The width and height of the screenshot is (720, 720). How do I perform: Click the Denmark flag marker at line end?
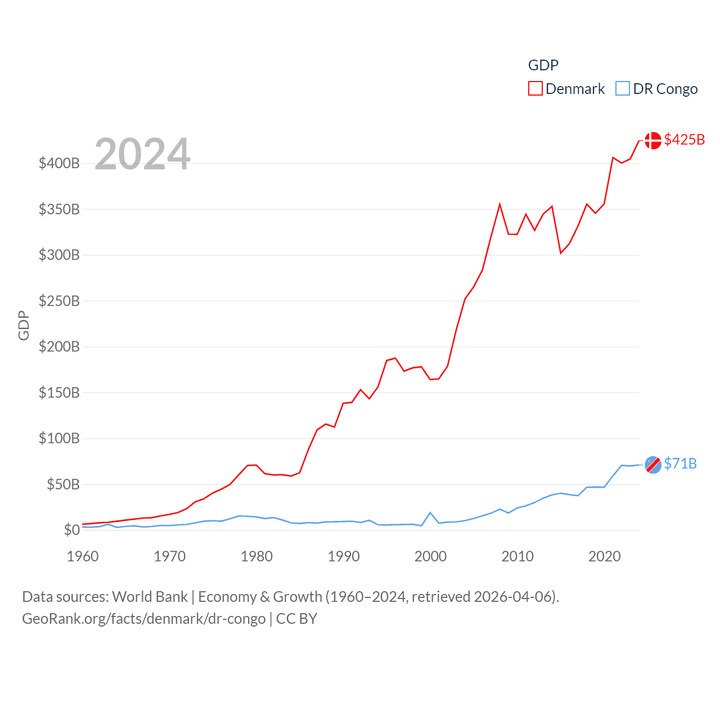pyautogui.click(x=652, y=140)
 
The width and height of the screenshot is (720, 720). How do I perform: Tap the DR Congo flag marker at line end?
pyautogui.click(x=652, y=465)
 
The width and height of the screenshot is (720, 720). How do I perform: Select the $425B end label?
pyautogui.click(x=684, y=139)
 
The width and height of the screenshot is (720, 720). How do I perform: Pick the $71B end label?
pyautogui.click(x=680, y=463)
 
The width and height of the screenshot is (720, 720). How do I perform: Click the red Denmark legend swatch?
pyautogui.click(x=535, y=89)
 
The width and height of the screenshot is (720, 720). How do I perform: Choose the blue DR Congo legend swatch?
pyautogui.click(x=622, y=89)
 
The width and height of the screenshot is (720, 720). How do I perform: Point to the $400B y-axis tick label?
pyautogui.click(x=59, y=164)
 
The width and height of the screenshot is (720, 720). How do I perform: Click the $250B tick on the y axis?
pyautogui.click(x=59, y=301)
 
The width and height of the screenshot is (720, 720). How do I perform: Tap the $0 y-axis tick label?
pyautogui.click(x=71, y=530)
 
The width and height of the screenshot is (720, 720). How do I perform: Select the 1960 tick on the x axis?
pyautogui.click(x=83, y=556)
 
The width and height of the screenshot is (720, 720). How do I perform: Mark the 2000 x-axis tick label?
pyautogui.click(x=430, y=556)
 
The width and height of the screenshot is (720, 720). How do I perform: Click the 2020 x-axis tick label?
pyautogui.click(x=604, y=556)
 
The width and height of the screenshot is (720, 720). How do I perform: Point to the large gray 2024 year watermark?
pyautogui.click(x=142, y=154)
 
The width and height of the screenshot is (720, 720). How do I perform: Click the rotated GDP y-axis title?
pyautogui.click(x=24, y=325)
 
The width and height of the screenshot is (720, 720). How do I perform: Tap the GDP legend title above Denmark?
pyautogui.click(x=543, y=65)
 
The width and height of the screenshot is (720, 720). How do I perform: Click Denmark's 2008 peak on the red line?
pyautogui.click(x=499, y=205)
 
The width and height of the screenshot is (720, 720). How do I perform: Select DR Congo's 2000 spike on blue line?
pyautogui.click(x=430, y=512)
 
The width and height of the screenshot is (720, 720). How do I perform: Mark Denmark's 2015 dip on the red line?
pyautogui.click(x=561, y=253)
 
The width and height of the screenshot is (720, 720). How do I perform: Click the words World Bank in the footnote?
pyautogui.click(x=150, y=597)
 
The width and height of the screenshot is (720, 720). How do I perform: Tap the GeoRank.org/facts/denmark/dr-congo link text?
pyautogui.click(x=143, y=619)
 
